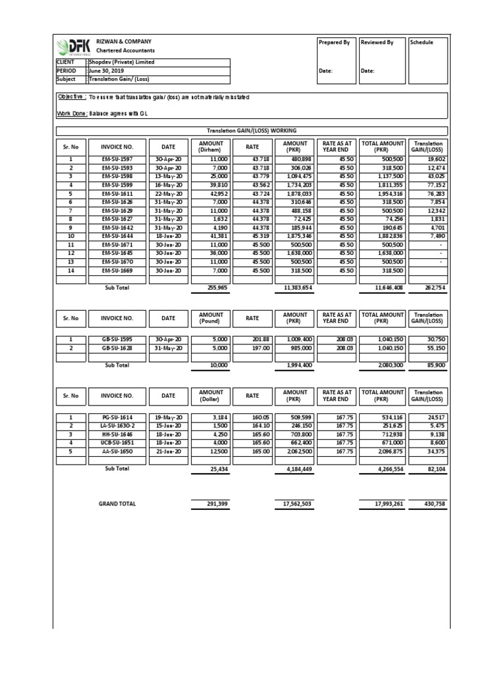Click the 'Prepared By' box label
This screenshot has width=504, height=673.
click(x=333, y=43)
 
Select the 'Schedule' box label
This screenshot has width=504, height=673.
click(x=422, y=43)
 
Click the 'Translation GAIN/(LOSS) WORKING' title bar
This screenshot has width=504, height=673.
click(x=252, y=131)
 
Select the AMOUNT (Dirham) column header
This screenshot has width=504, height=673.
click(x=211, y=146)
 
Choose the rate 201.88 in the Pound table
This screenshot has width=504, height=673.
click(x=252, y=340)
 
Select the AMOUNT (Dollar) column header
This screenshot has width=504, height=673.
click(x=211, y=396)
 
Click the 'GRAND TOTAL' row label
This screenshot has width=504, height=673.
click(x=117, y=504)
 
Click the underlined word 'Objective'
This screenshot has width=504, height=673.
click(x=72, y=97)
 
